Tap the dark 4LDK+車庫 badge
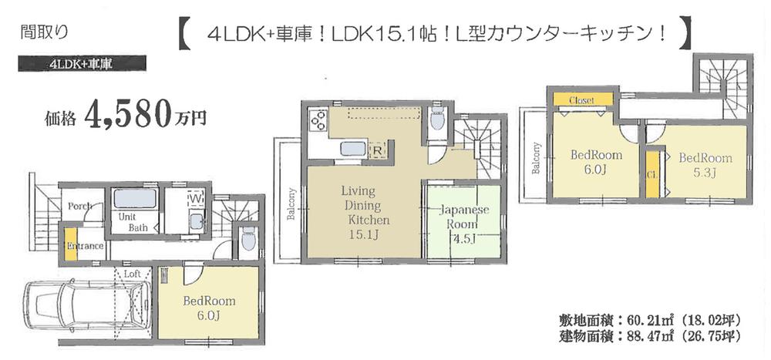pyautogui.click(x=81, y=64)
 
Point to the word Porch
pyautogui.click(x=81, y=206)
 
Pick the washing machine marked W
pyautogui.click(x=195, y=200)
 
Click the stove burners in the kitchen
pyautogui.click(x=318, y=122)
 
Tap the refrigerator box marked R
pyautogui.click(x=377, y=150)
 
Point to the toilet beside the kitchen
pyautogui.click(x=437, y=121)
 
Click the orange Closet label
pyautogui.click(x=581, y=100)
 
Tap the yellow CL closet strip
pyautogui.click(x=651, y=173)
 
